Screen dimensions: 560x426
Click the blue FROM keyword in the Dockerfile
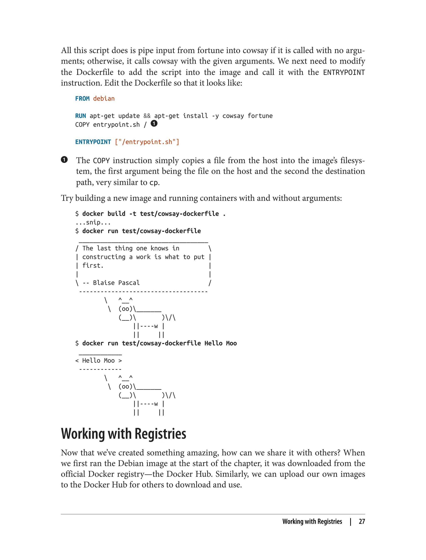click(82, 99)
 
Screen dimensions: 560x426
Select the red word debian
click(104, 99)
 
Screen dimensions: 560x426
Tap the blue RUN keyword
click(80, 116)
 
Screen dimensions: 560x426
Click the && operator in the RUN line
click(147, 116)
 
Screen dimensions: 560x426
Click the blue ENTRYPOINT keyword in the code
click(93, 142)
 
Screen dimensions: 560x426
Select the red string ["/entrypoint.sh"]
click(147, 142)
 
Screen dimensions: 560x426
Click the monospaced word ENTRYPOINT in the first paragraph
click(344, 72)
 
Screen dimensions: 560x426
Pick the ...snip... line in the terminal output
click(93, 222)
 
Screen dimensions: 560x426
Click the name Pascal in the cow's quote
click(129, 283)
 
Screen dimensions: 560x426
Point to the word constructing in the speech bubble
click(104, 257)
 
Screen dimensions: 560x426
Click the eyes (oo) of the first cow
click(125, 309)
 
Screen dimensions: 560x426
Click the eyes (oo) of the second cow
click(125, 386)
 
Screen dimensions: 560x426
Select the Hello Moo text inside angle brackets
click(98, 360)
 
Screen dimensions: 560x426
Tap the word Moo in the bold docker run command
click(231, 343)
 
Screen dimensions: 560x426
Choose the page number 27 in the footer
click(362, 521)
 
